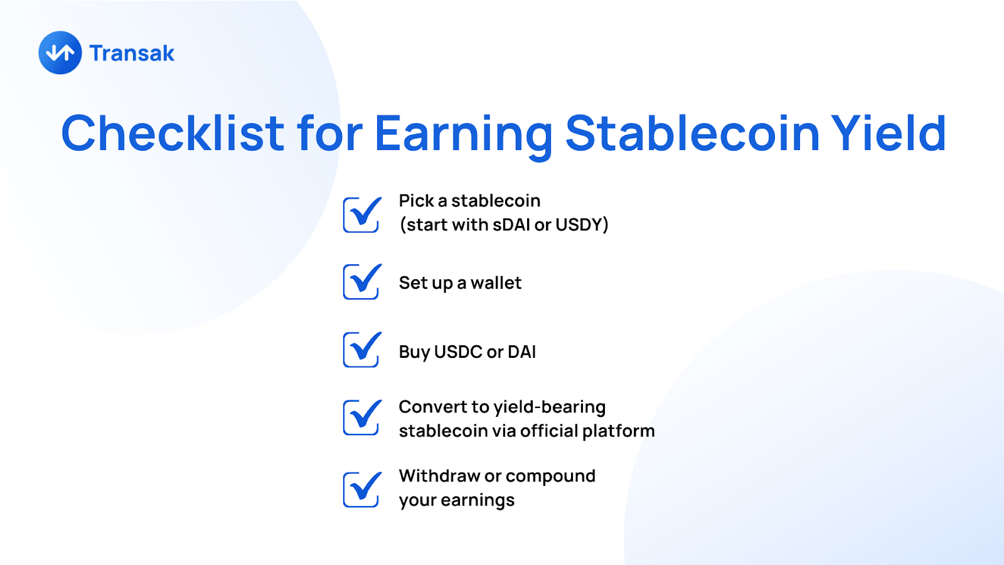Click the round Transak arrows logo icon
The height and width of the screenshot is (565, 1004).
(x=60, y=53)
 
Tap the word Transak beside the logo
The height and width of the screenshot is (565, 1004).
(x=132, y=53)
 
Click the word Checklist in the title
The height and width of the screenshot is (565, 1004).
(x=173, y=133)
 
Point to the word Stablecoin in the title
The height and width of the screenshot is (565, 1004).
(x=693, y=133)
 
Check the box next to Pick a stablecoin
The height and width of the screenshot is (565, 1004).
(x=362, y=214)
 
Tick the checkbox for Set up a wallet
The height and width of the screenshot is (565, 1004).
(x=362, y=281)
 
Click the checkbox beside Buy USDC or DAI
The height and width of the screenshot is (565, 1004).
(x=362, y=349)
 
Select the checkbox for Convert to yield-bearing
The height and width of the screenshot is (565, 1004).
(x=362, y=417)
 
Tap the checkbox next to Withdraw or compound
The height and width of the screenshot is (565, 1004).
(x=362, y=489)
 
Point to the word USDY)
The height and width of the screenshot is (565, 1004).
(x=582, y=225)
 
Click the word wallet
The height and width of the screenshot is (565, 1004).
(x=496, y=283)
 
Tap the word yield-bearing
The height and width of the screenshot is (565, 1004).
(x=550, y=408)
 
